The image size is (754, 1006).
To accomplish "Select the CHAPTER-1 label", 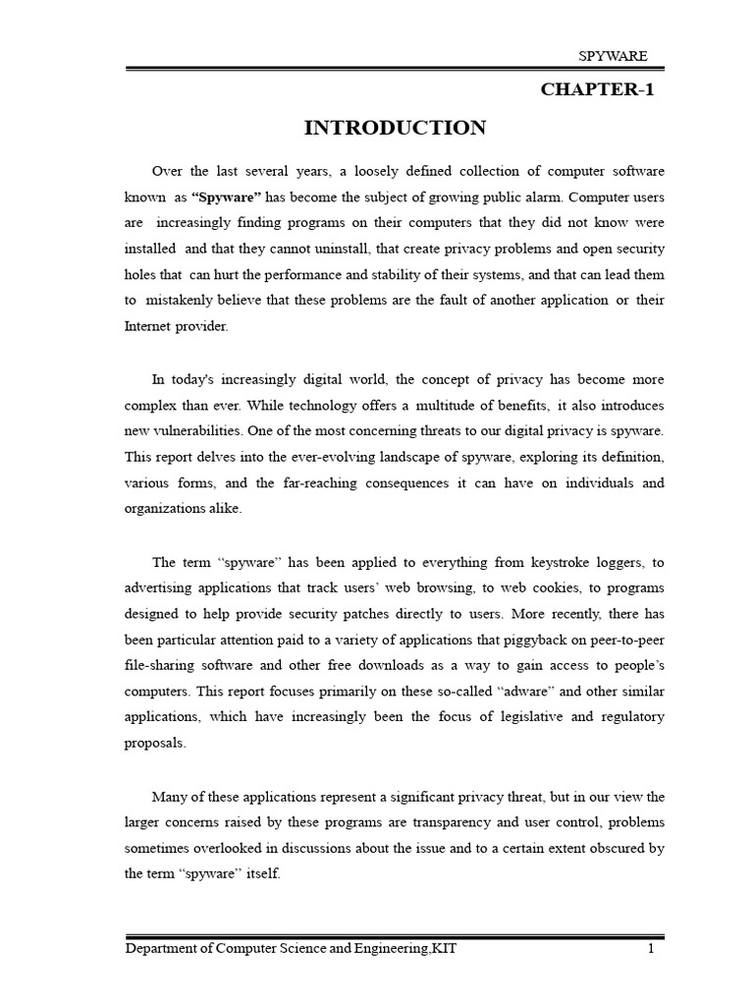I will coord(597,90).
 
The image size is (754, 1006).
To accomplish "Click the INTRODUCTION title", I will coord(395,128).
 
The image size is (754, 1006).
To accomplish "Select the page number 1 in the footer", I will coord(651,949).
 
